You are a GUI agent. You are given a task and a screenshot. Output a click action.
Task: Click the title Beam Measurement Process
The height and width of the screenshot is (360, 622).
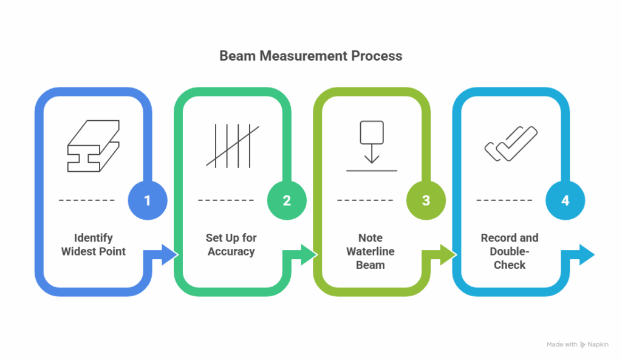(310, 56)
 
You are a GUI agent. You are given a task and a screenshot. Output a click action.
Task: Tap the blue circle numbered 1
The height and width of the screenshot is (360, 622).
(148, 200)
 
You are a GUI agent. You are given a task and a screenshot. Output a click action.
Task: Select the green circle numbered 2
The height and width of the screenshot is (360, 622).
(287, 200)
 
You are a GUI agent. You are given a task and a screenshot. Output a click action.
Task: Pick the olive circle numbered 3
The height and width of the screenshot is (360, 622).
(426, 200)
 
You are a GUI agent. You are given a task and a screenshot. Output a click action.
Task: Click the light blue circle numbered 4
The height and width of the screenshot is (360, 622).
(565, 200)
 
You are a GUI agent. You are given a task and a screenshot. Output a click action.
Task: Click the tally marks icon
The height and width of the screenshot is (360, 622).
(232, 146)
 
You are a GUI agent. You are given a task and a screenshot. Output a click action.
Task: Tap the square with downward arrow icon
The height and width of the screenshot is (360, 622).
(371, 144)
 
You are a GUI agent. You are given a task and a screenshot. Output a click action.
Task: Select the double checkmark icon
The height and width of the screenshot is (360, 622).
(510, 144)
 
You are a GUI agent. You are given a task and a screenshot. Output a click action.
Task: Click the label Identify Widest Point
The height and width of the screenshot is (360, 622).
(93, 244)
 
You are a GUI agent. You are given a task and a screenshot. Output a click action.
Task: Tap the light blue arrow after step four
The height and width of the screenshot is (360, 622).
(580, 254)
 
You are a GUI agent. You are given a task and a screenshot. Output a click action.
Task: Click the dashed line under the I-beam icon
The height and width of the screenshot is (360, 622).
(87, 200)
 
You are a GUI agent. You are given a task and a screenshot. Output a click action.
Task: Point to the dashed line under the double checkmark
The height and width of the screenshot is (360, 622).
(504, 200)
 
